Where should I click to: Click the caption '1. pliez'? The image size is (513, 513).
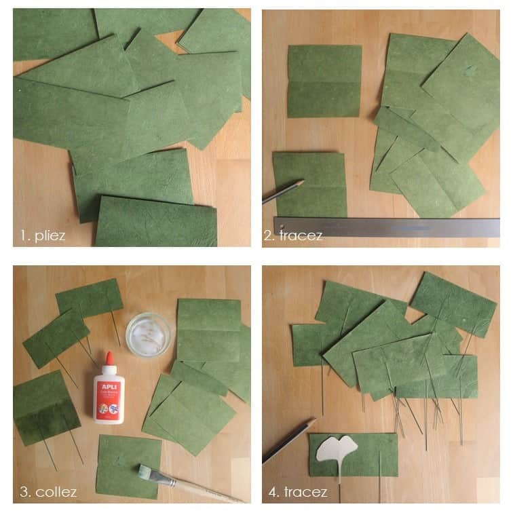43,235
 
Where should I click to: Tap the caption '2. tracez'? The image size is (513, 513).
292,235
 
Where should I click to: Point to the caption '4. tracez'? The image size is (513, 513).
296,492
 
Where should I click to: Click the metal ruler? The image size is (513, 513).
387,227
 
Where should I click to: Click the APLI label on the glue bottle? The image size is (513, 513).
109,387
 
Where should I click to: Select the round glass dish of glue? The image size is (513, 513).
148,333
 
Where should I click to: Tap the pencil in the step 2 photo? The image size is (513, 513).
283,192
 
